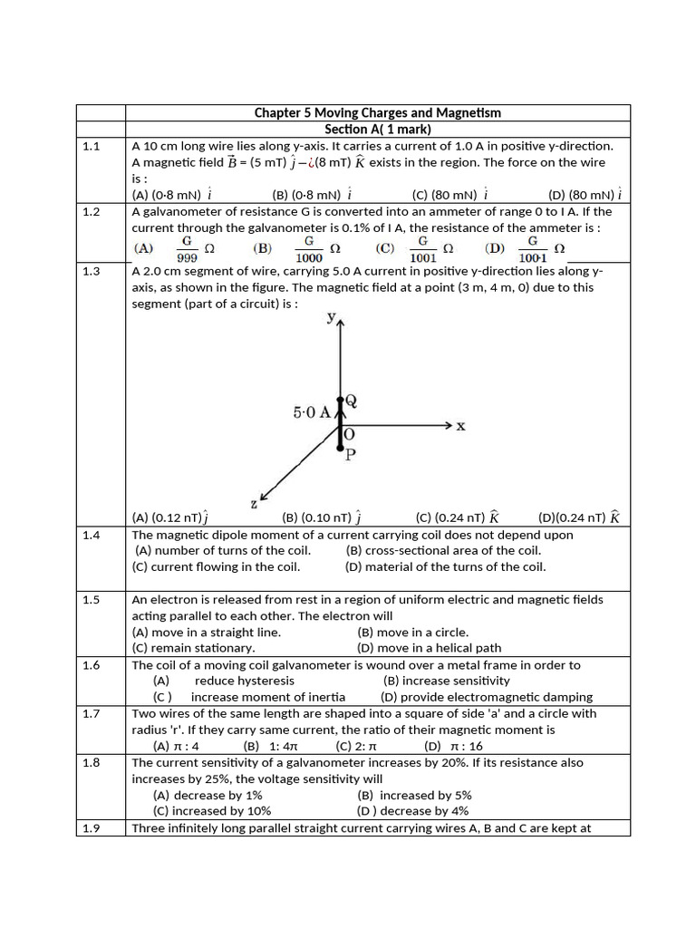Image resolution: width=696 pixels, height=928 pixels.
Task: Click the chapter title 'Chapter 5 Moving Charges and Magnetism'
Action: click(x=377, y=113)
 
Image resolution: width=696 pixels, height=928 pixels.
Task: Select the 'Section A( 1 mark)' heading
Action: click(x=377, y=130)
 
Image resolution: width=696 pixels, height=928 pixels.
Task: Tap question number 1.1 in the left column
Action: click(x=91, y=146)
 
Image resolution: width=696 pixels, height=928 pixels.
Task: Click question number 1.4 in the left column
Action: click(x=91, y=535)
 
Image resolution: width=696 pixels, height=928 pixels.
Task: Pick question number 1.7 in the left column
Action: click(x=91, y=713)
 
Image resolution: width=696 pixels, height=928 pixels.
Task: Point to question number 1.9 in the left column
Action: click(x=91, y=827)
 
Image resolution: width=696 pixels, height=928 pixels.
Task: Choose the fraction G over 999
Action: click(x=187, y=248)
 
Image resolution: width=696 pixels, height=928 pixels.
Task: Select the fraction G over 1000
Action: click(x=309, y=248)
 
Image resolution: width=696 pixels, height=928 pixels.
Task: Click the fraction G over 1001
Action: click(x=422, y=248)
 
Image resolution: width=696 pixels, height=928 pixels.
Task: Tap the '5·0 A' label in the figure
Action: click(x=312, y=412)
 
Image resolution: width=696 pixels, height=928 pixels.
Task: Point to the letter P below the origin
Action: click(x=350, y=454)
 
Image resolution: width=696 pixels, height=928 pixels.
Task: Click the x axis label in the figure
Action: click(x=460, y=426)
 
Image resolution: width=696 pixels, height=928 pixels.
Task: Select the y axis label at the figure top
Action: click(x=333, y=318)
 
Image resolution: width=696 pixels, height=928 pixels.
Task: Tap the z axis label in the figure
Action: click(x=253, y=503)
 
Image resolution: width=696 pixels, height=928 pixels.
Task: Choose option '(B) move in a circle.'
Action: click(x=412, y=632)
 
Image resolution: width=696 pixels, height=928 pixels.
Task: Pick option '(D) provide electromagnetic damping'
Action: click(x=487, y=697)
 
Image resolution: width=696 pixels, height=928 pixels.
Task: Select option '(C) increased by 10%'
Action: click(x=212, y=811)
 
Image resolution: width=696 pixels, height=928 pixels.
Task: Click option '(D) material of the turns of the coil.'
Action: click(x=445, y=566)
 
